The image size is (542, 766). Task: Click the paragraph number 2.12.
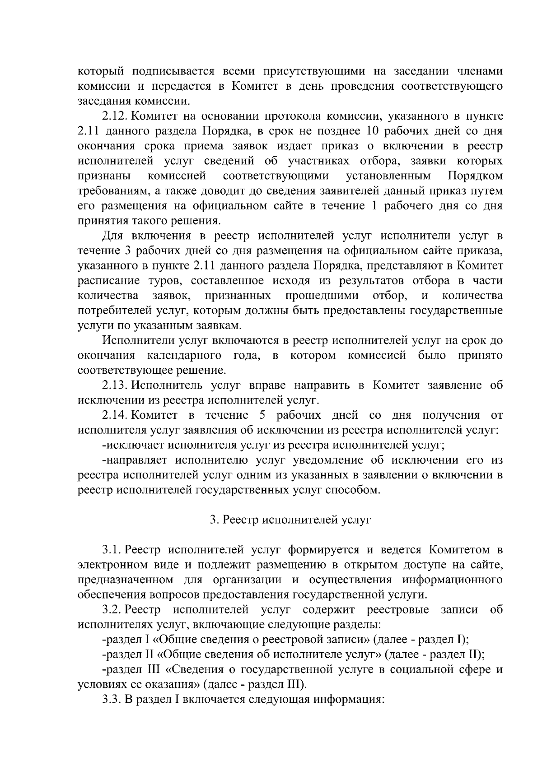[x=116, y=116]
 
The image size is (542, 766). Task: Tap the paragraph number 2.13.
[x=116, y=385]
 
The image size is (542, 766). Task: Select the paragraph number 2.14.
[x=116, y=415]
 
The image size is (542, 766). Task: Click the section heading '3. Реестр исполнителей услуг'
[x=290, y=520]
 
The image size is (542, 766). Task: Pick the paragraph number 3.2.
[x=112, y=610]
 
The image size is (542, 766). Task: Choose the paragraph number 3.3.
[x=112, y=699]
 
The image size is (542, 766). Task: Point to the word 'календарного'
[x=184, y=355]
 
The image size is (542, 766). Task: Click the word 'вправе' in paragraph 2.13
[x=266, y=385]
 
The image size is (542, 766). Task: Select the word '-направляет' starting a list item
[x=135, y=460]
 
